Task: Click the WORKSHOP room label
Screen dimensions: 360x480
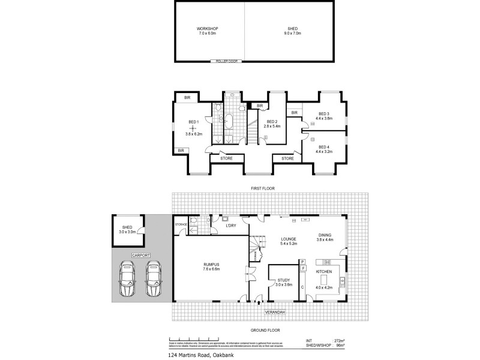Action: point(207,29)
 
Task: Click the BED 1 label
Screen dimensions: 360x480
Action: point(193,123)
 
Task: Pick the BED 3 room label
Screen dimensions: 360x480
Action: point(324,114)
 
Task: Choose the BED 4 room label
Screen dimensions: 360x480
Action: point(324,147)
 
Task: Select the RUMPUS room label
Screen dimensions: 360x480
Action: point(212,264)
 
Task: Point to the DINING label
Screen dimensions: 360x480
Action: point(325,235)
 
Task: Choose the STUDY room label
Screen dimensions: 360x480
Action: point(284,280)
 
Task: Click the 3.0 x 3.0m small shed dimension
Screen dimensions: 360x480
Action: point(127,231)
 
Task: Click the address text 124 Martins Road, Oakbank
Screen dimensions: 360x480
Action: point(200,354)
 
